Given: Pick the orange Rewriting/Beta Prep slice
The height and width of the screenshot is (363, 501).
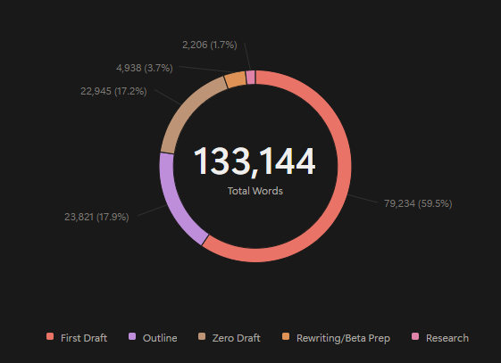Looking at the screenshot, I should click(x=235, y=79).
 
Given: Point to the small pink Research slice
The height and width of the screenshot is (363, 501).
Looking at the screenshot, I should click(x=251, y=77).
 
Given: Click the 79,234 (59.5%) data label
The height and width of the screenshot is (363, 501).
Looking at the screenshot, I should click(x=418, y=203).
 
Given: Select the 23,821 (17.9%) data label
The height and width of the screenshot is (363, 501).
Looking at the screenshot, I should click(x=95, y=216).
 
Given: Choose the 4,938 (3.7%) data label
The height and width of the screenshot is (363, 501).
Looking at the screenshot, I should click(x=145, y=67).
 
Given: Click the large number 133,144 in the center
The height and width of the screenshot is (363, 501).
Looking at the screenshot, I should click(x=255, y=161).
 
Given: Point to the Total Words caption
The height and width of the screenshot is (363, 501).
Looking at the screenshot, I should click(x=255, y=191).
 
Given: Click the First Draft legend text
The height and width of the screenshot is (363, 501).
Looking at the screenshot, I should click(x=84, y=338).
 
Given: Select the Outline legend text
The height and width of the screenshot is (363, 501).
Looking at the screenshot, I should click(x=160, y=338).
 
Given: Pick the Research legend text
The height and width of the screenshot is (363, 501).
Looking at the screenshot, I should click(x=447, y=338).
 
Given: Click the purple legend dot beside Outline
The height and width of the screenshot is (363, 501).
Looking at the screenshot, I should click(x=133, y=337).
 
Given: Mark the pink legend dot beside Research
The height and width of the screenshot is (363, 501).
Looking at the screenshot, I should click(x=415, y=337).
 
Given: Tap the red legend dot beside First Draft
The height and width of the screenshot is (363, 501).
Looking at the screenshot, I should click(x=50, y=337).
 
